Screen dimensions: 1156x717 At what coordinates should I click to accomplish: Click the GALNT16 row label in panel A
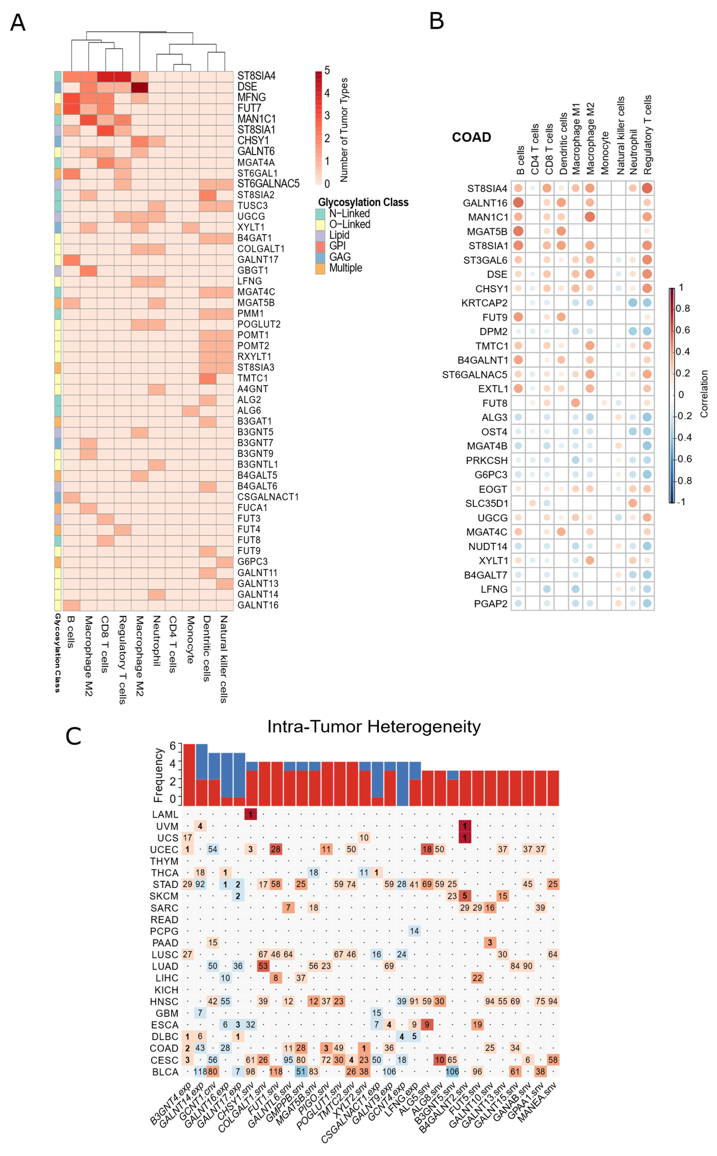[x=258, y=605]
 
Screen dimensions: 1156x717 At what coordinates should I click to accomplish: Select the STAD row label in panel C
[x=165, y=884]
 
